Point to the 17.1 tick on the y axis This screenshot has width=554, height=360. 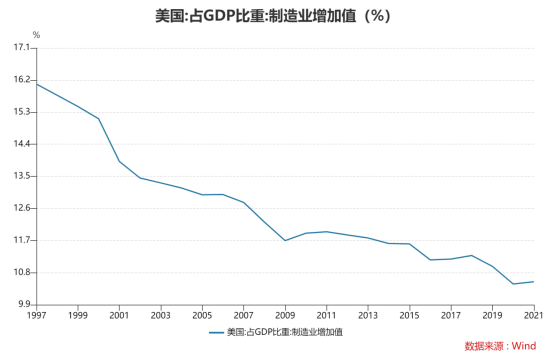[x=21, y=48]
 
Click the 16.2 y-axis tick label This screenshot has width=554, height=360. [x=21, y=80]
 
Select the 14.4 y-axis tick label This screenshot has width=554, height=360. [x=21, y=144]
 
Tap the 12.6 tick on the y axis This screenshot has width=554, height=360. [x=21, y=208]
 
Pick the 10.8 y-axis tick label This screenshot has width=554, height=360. [x=21, y=272]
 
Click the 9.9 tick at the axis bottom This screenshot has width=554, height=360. [x=23, y=304]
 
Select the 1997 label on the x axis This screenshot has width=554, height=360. [x=37, y=315]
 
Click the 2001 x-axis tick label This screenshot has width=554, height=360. [x=119, y=315]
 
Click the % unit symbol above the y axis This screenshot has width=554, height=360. [x=36, y=35]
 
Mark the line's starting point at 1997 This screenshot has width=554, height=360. [x=37, y=83]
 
